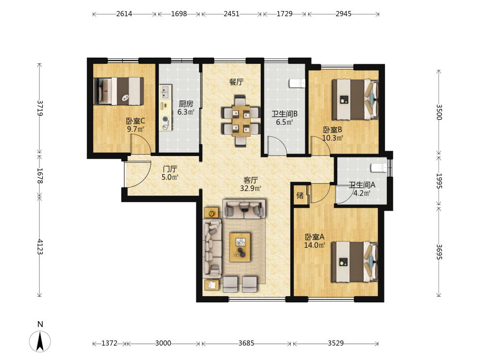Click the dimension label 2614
[124, 14]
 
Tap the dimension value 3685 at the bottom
[246, 343]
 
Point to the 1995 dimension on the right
[439, 181]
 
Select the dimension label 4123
[40, 247]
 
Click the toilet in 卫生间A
[379, 168]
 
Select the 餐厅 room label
[236, 82]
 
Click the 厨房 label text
[186, 104]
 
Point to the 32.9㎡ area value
[251, 188]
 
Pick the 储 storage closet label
[300, 195]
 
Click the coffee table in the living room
[240, 247]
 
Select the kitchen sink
[165, 92]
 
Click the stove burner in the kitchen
[166, 120]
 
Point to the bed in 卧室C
[119, 91]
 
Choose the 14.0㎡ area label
[314, 245]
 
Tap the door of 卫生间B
[277, 146]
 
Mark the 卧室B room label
[333, 130]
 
